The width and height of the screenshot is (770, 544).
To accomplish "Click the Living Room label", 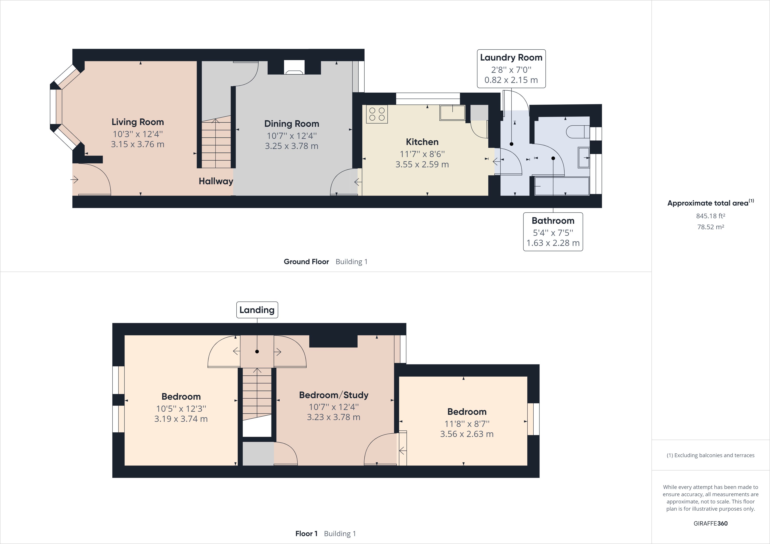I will point(137,122).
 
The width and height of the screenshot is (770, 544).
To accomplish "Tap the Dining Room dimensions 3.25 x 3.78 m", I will point(291,146).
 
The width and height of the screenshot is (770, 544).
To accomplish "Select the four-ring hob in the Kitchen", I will point(377,114).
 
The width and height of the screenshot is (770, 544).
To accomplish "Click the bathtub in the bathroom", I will point(562,186).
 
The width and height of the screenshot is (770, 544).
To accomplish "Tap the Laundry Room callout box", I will point(511,69).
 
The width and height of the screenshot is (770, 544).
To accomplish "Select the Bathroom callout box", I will point(553,232).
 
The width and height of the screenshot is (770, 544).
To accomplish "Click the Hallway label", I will point(216,181).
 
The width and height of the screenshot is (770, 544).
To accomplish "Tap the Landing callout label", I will point(257,310).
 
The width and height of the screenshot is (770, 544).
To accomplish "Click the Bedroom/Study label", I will point(334,395).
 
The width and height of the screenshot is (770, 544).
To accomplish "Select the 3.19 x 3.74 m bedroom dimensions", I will point(181,419).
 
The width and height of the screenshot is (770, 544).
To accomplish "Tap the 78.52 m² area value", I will point(710,227).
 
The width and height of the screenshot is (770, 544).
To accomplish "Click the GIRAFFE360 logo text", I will point(710,523).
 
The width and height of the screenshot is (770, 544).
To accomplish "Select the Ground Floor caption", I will point(306,262).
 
